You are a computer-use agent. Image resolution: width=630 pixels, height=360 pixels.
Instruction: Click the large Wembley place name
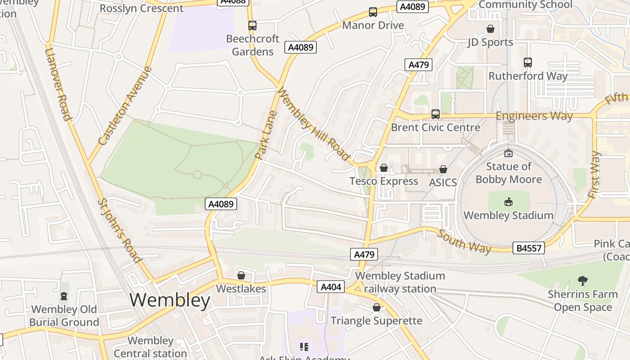tap(170, 300)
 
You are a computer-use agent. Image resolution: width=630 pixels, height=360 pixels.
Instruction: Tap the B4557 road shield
tap(529, 247)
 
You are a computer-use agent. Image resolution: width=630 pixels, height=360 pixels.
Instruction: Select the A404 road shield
tap(331, 287)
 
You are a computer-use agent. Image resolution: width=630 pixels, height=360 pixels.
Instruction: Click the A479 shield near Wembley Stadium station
tap(364, 254)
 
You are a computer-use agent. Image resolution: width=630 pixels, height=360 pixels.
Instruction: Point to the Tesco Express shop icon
tap(384, 168)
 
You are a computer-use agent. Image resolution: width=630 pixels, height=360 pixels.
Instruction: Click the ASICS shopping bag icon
tap(443, 169)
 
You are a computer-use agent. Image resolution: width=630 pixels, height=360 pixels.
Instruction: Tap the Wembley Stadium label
tap(508, 215)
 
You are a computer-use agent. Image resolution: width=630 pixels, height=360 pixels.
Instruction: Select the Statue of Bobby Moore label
tap(508, 173)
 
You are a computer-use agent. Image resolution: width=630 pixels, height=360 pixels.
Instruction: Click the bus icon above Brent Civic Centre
tap(435, 114)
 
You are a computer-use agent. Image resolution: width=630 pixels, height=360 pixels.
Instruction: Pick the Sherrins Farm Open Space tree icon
tap(583, 281)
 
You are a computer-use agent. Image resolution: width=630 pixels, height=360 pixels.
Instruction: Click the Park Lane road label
tap(265, 135)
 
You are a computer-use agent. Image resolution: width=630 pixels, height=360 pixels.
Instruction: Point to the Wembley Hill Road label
tap(314, 124)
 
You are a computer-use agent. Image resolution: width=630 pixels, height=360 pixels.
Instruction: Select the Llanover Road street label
tap(58, 84)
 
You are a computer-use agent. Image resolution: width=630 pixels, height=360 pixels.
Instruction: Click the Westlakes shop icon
tap(241, 275)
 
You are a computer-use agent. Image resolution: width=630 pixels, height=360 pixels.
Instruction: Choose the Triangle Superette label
tap(377, 320)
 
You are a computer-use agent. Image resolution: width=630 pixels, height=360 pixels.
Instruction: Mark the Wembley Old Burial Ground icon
tap(64, 297)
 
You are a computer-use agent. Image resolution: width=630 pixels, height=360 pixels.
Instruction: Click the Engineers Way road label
tap(534, 116)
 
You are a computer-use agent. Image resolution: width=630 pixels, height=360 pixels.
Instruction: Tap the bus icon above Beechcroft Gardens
tap(252, 26)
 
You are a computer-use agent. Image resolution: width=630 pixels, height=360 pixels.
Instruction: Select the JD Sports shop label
tap(490, 42)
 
